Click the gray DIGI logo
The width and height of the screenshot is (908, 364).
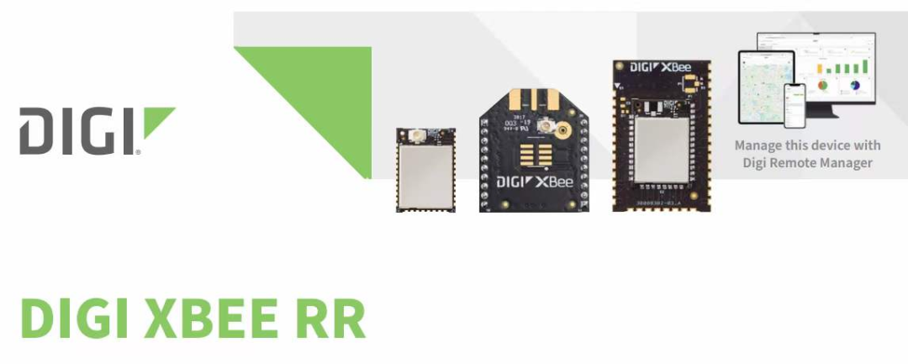(96, 130)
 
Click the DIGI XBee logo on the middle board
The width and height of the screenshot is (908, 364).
(535, 181)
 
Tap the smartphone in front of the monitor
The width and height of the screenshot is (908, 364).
(794, 104)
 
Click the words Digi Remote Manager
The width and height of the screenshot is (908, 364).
(807, 162)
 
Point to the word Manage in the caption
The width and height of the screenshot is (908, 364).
(758, 145)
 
